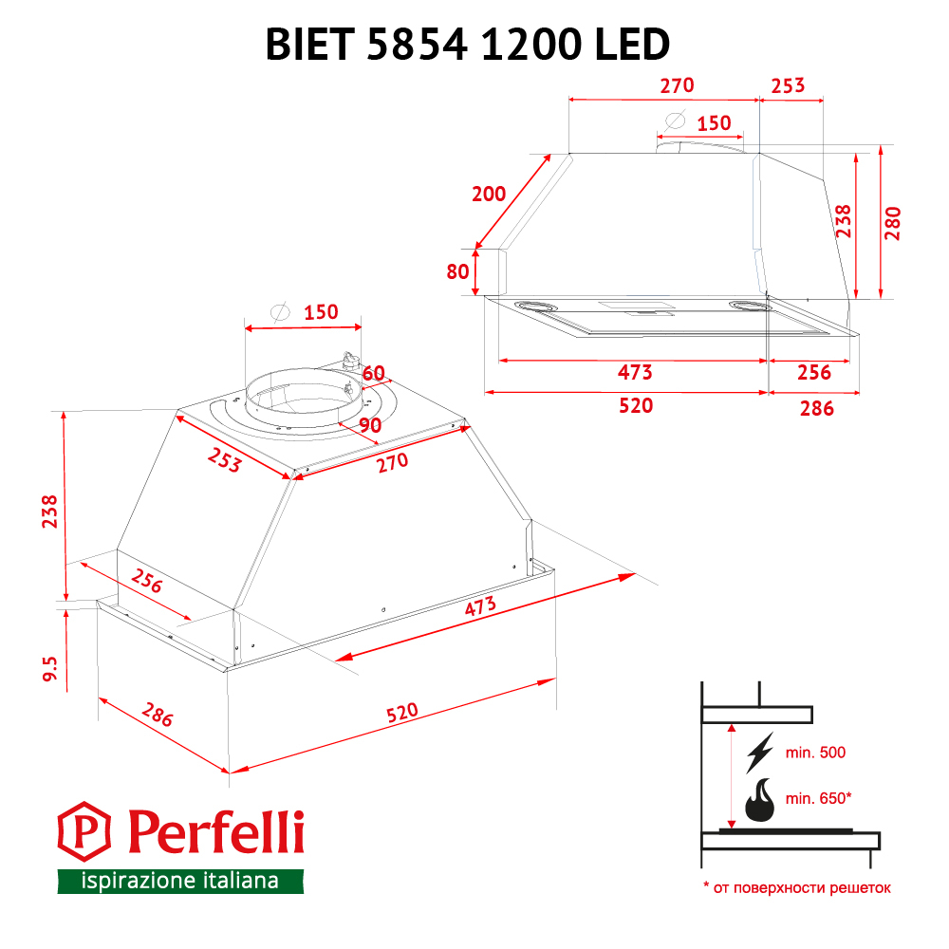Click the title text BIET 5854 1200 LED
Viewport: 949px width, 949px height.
pos(467,45)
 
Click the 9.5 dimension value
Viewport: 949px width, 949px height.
pos(49,668)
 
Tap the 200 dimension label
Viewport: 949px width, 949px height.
pos(489,195)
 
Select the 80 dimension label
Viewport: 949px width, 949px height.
pos(457,271)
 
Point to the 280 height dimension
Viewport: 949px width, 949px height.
pos(893,223)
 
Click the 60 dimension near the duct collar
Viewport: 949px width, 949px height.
pos(373,373)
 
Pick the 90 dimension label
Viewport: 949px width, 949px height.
pos(370,425)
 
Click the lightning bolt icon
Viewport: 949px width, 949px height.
pos(759,753)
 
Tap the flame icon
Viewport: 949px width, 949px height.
pos(759,800)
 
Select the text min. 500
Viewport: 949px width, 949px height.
pos(815,753)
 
